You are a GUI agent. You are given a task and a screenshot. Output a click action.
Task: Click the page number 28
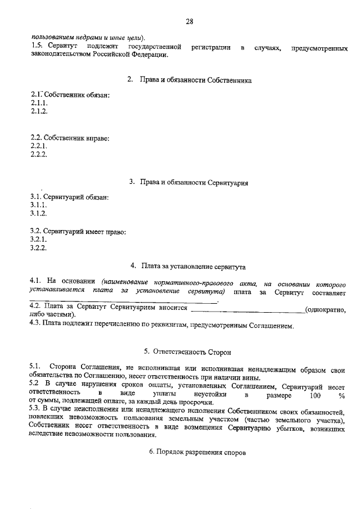click(x=189, y=21)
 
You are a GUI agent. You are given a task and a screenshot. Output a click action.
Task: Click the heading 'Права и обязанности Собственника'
click(x=194, y=80)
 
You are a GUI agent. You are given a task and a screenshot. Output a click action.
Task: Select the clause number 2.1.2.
click(x=39, y=111)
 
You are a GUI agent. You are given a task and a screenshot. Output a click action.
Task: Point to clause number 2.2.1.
click(x=39, y=146)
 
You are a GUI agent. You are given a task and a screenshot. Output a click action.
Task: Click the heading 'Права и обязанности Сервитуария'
click(x=194, y=183)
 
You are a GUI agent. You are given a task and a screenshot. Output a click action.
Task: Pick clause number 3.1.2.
click(x=39, y=214)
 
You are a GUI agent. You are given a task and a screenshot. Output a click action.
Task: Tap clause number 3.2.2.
click(x=39, y=247)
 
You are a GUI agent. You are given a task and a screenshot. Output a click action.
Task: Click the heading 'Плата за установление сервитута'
click(x=193, y=265)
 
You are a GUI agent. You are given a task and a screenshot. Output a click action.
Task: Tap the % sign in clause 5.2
click(x=341, y=395)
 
